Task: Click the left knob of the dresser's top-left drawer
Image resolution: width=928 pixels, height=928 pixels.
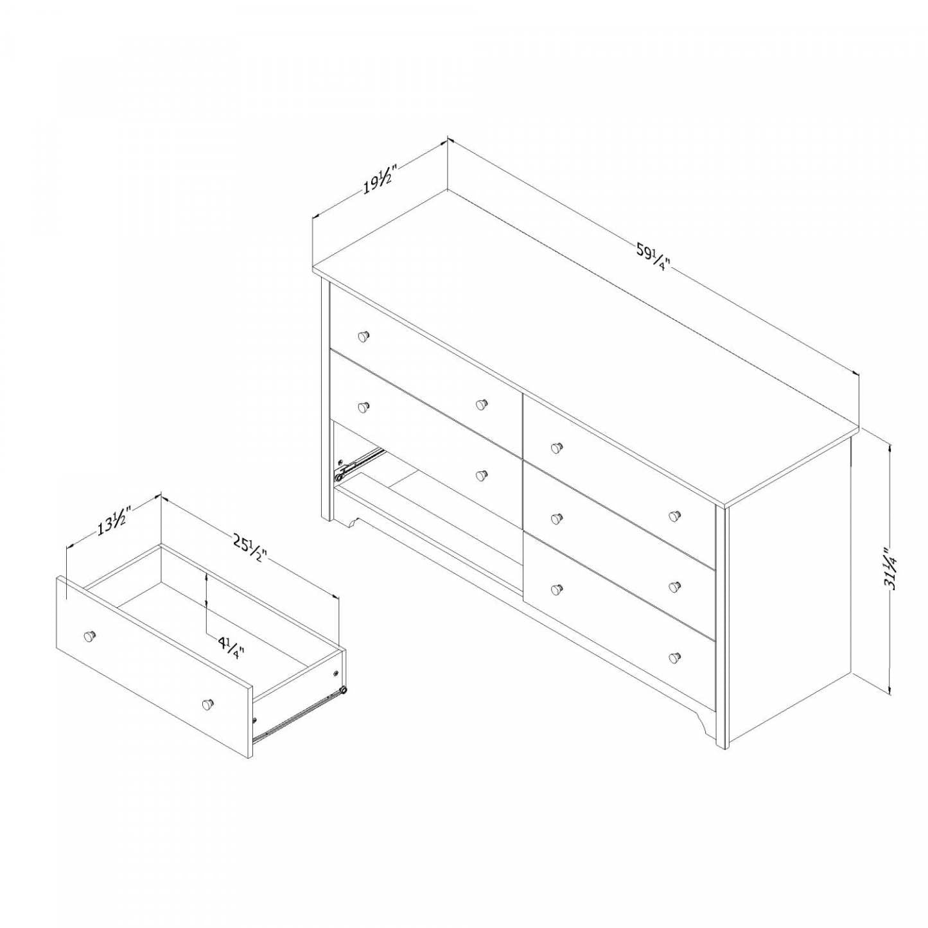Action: click(363, 335)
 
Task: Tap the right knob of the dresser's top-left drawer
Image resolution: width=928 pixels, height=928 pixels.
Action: click(481, 405)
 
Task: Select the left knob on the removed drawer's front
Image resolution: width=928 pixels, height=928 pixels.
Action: click(90, 635)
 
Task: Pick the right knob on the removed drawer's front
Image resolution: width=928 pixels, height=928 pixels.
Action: click(207, 704)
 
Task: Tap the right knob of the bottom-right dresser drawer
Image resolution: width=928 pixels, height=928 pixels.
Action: click(674, 657)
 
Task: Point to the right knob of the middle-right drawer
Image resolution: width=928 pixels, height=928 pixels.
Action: click(674, 586)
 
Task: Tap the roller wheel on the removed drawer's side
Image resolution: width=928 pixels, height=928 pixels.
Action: click(344, 690)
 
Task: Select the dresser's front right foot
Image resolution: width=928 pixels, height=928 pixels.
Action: click(708, 726)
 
